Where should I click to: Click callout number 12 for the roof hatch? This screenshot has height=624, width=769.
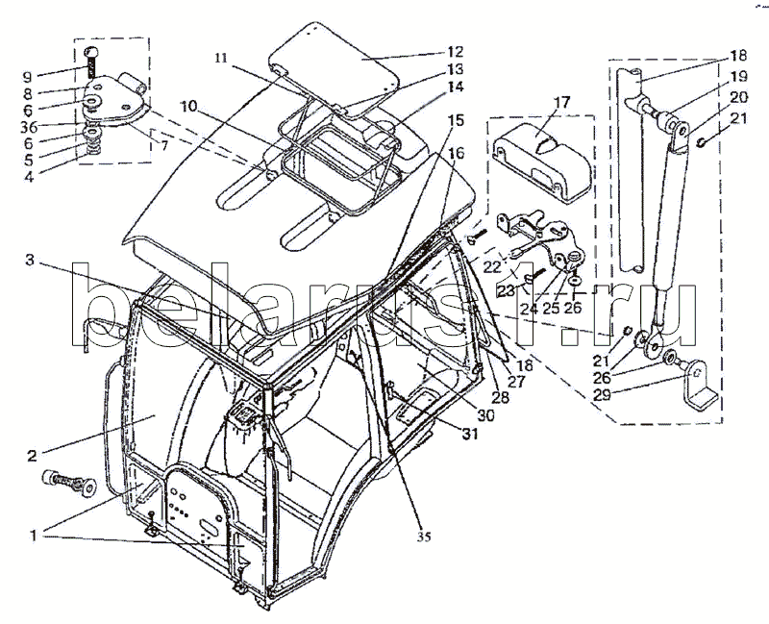(455, 52)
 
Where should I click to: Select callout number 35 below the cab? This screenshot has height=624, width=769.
(424, 537)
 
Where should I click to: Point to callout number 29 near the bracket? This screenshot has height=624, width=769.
(602, 394)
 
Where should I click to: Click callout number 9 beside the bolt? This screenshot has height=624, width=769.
(28, 77)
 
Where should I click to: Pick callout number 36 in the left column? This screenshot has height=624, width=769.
(29, 127)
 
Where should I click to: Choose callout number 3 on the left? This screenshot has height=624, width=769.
(30, 260)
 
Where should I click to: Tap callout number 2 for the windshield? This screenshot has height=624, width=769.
(32, 456)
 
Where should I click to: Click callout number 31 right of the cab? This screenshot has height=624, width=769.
(470, 434)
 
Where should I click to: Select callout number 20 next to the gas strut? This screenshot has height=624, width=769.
(739, 97)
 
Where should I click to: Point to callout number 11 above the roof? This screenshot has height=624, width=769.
(221, 58)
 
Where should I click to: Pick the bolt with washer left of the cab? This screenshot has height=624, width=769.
(69, 483)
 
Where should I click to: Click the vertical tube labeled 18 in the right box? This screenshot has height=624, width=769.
(631, 169)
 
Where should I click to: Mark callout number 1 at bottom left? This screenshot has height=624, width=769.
(33, 536)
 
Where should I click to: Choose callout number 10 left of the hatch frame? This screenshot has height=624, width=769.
(189, 106)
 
